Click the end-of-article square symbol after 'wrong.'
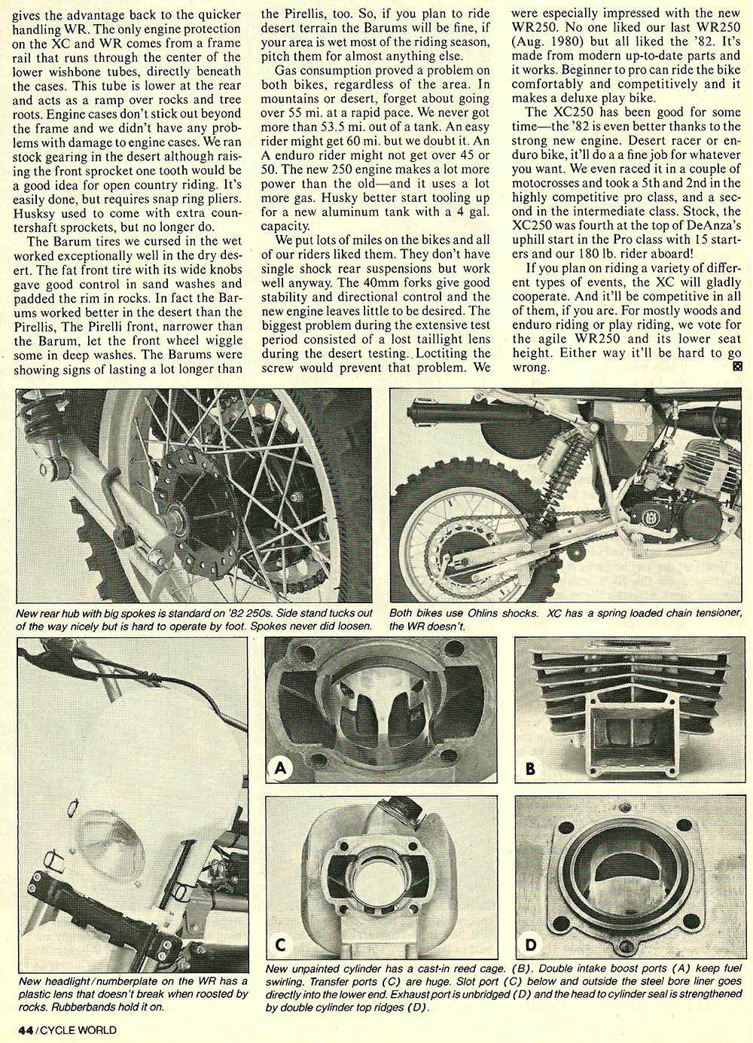[x=736, y=367]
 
